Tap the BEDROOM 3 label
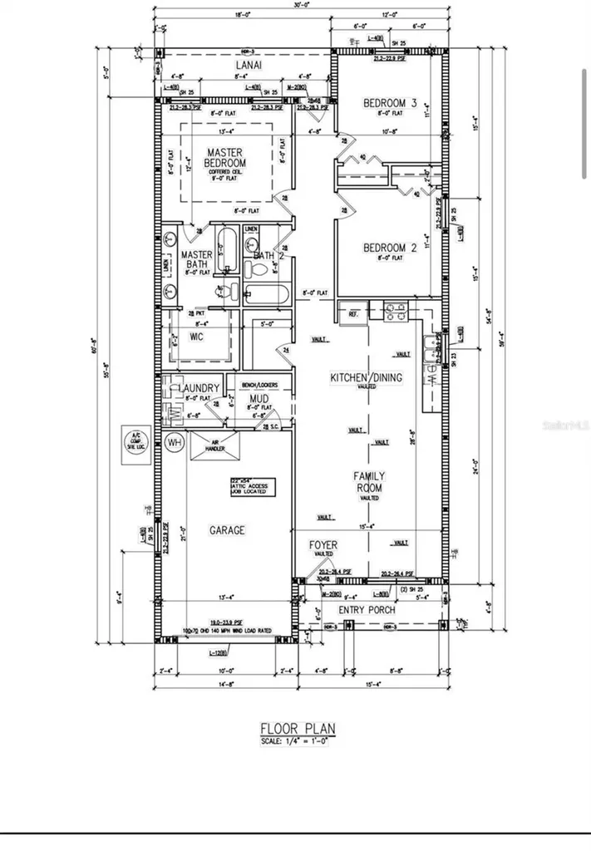[x=390, y=103]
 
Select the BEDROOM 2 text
[x=390, y=248]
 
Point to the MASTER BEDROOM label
[x=226, y=158]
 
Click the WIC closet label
[x=197, y=337]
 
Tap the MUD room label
[x=259, y=399]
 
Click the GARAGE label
[x=226, y=530]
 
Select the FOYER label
[x=324, y=545]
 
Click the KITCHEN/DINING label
[x=367, y=377]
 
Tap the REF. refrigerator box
[x=352, y=313]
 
